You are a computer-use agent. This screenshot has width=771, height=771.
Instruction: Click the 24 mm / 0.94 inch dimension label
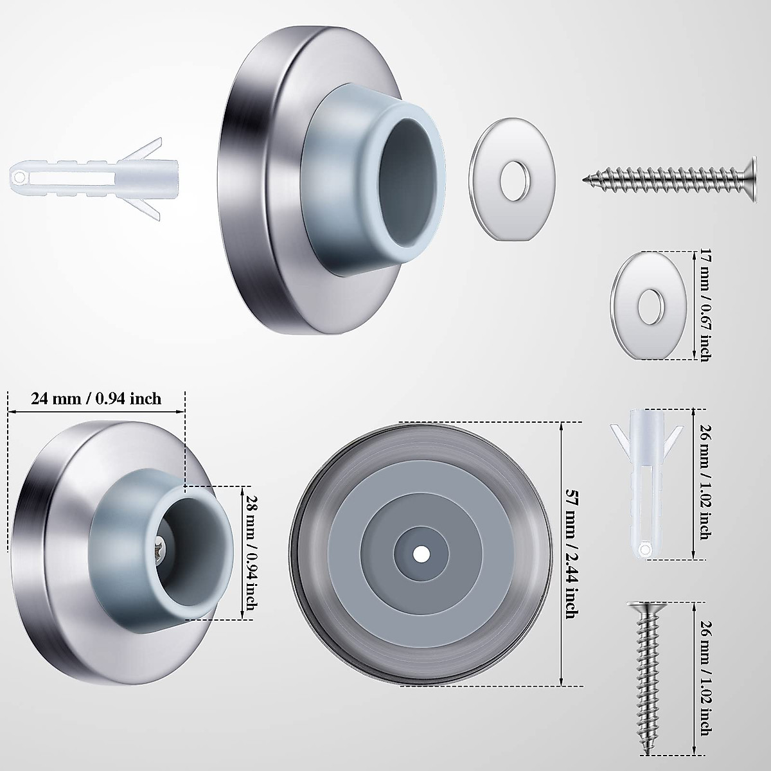point(96,399)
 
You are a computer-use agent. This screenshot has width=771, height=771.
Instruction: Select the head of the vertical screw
point(644,608)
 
